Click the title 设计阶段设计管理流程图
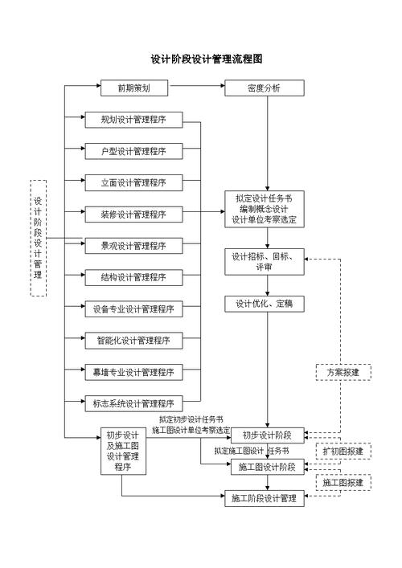[x=207, y=59]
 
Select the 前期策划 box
[x=133, y=88]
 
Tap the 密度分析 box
[x=264, y=88]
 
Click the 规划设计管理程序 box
[x=133, y=120]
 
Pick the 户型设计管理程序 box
[x=133, y=151]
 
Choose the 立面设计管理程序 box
[x=133, y=182]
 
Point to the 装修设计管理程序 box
[x=133, y=214]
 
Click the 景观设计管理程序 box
[x=133, y=245]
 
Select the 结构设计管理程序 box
[x=133, y=277]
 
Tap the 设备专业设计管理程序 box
[x=133, y=309]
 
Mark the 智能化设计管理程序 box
[x=133, y=340]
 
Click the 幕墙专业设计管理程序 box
[x=133, y=372]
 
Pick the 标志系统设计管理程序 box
[x=133, y=403]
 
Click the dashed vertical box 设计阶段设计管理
[x=38, y=238]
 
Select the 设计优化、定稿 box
[x=264, y=304]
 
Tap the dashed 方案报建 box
[x=343, y=373]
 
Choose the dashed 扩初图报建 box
[x=343, y=452]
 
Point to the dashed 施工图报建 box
[x=343, y=483]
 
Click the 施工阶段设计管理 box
[x=264, y=499]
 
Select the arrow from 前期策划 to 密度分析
[x=196, y=84]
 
